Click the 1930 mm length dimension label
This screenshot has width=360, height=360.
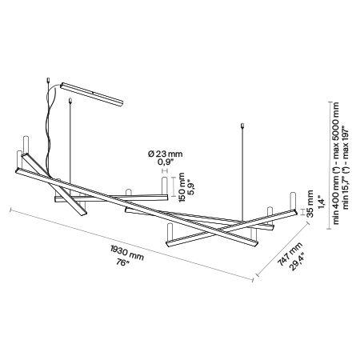127,253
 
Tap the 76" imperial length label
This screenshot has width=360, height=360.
123,262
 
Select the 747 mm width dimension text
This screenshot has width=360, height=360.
290,254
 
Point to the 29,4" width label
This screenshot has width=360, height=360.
297,261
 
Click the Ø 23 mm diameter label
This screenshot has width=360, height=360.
166,154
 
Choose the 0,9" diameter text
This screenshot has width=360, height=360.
166,162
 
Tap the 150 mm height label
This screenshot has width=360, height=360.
182,187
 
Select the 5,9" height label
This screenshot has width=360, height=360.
191,188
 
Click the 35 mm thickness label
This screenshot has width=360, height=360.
310,204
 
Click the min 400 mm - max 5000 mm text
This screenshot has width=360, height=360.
335,163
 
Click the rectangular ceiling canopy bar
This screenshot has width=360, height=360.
92,94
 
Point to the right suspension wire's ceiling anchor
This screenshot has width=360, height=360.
242,126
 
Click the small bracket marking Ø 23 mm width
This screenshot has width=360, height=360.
165,170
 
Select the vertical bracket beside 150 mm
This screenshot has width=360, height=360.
173,186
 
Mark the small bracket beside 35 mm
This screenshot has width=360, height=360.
302,212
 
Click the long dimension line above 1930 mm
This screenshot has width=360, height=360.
131,245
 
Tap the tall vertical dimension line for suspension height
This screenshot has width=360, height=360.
330,165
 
